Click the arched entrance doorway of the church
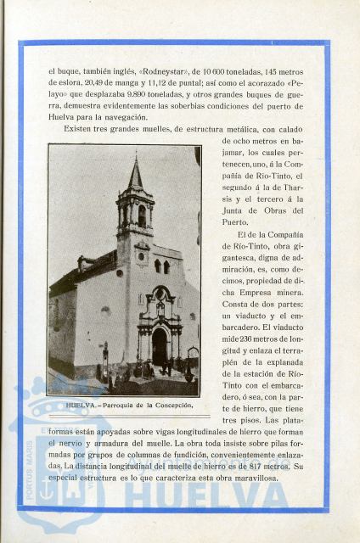click(160, 348)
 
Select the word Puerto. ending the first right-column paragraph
click(236, 221)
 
